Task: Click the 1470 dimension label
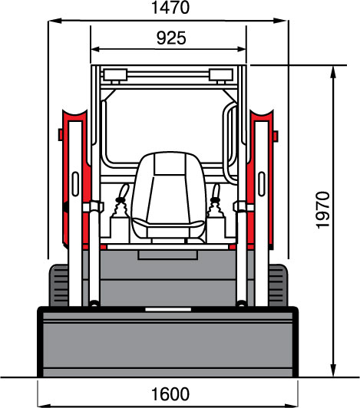click(170, 8)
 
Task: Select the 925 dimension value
click(171, 38)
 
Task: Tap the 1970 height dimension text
click(323, 210)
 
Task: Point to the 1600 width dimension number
click(170, 394)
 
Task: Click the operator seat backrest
click(170, 187)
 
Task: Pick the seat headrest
click(170, 163)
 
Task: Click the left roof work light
click(115, 75)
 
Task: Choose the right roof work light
click(221, 75)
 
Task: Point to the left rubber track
click(59, 285)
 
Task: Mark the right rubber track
click(278, 285)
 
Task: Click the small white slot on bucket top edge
click(168, 309)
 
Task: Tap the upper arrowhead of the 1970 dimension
click(333, 72)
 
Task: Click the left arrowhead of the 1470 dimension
click(54, 21)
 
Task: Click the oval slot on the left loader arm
click(75, 184)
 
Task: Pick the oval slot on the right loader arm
click(262, 184)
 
